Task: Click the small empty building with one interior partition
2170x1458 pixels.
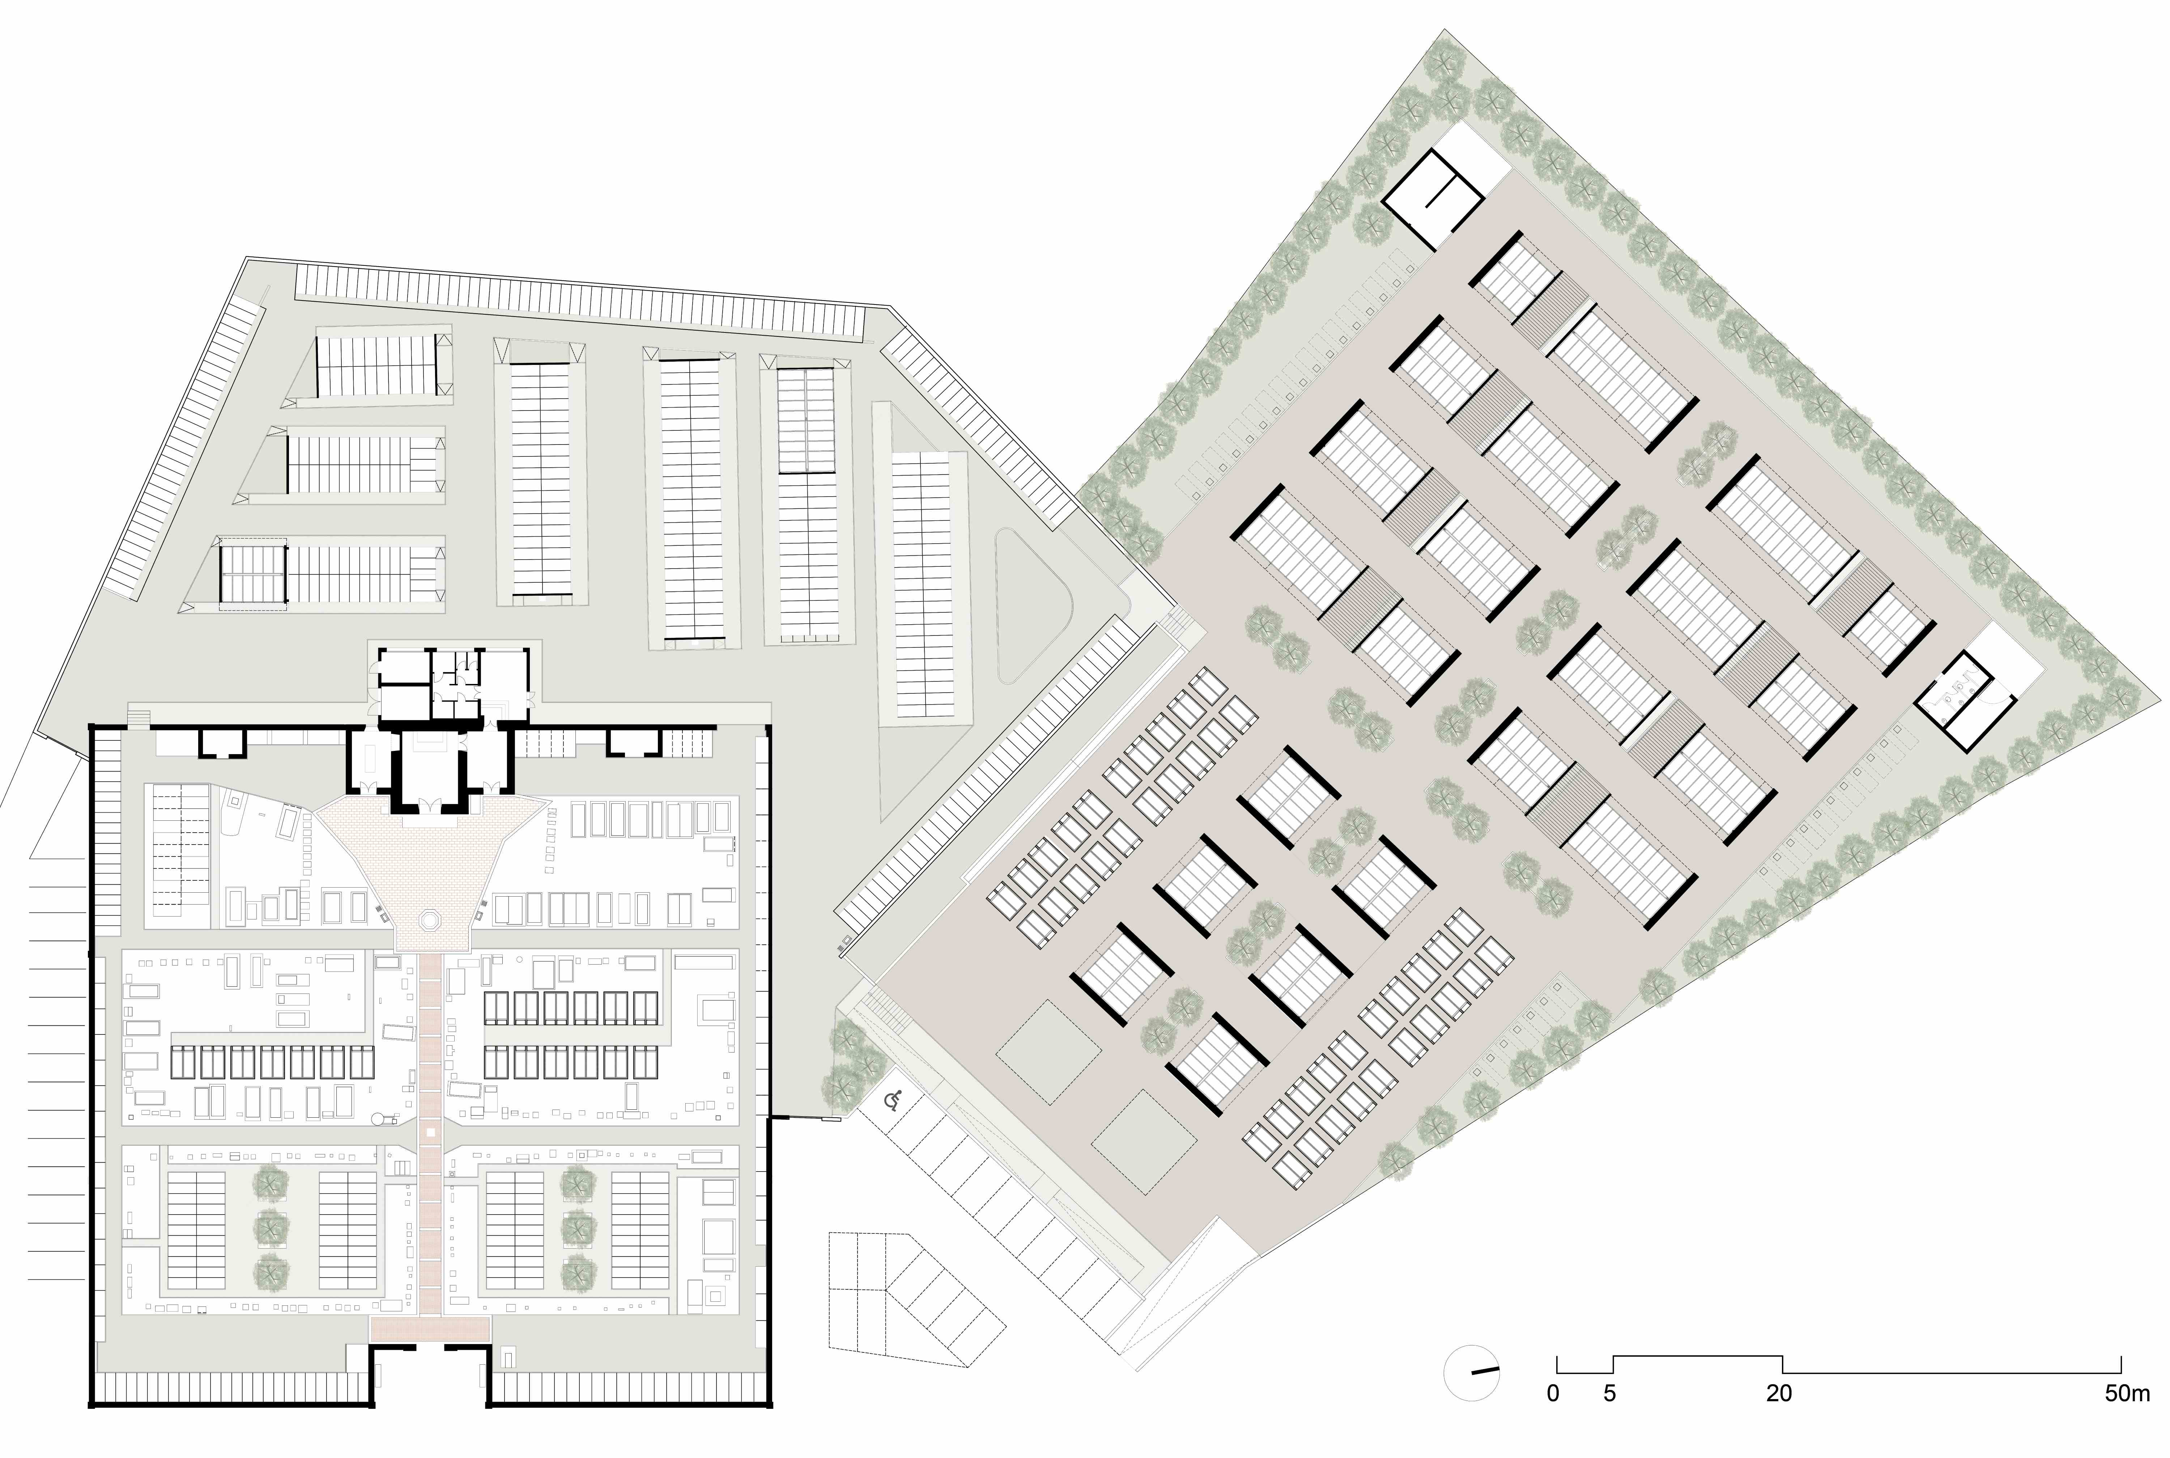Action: pyautogui.click(x=1432, y=198)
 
